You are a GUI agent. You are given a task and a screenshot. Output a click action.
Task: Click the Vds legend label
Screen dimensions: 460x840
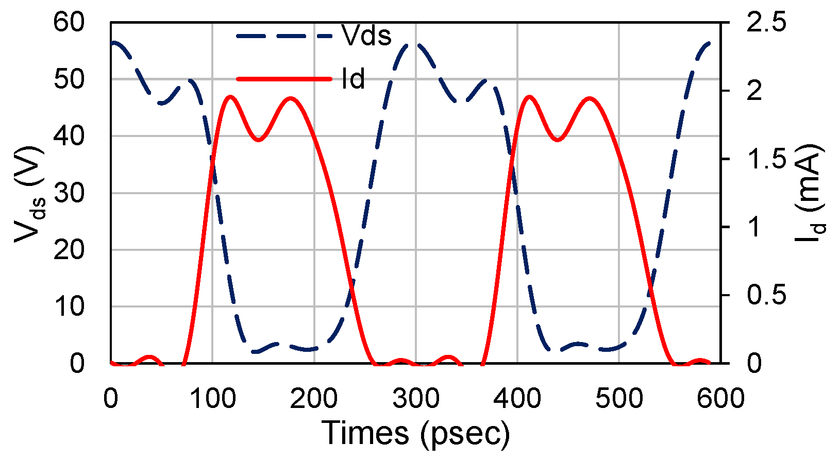click(x=366, y=36)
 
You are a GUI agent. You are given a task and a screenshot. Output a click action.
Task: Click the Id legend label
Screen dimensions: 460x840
click(x=353, y=79)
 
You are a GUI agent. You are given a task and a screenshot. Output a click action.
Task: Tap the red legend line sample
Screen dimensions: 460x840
click(x=283, y=79)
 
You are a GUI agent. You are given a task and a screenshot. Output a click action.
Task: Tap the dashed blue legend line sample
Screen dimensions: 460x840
click(x=283, y=36)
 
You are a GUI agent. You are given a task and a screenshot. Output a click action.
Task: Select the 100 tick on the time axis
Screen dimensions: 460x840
click(x=212, y=398)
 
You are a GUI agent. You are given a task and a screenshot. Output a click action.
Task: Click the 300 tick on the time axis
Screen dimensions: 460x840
click(x=415, y=398)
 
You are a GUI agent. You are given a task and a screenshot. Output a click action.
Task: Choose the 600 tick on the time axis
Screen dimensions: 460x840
click(x=720, y=398)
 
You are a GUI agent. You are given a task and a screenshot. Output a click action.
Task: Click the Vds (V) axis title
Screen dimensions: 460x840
click(x=28, y=193)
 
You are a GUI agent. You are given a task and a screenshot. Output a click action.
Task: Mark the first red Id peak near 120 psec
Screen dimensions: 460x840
click(x=230, y=96)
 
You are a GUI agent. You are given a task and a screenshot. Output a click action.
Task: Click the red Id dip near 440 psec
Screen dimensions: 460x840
click(x=558, y=140)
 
